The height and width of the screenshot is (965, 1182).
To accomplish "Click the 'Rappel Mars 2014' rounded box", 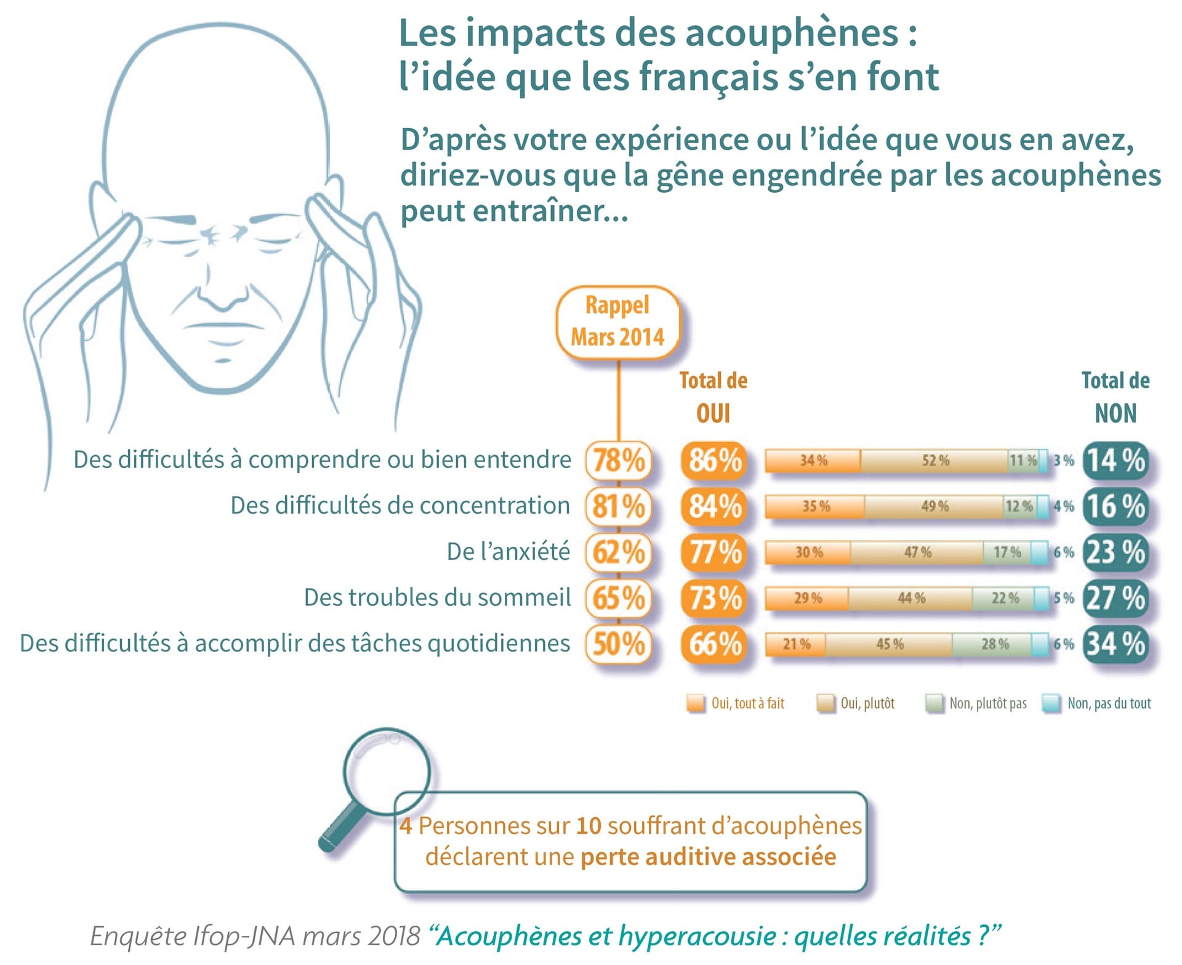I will point(617,321).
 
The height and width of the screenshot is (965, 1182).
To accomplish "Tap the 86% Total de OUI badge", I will point(714,460).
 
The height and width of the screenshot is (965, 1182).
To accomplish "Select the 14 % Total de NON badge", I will point(1115,460).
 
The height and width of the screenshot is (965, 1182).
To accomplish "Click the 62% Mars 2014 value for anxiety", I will point(618,552).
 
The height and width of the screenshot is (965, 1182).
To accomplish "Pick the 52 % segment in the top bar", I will point(935,461).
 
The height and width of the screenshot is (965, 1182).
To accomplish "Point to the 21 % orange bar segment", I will point(795,644).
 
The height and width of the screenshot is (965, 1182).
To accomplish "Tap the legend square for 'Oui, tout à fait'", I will point(696,703).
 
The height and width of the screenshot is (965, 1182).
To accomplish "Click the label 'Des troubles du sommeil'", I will point(437,597).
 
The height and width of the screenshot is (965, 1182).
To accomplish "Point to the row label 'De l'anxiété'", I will point(508,551).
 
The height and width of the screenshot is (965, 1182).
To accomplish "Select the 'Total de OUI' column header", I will point(713,397).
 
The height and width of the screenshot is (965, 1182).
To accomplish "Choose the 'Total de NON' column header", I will point(1115,397).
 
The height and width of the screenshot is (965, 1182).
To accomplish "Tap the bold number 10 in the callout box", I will point(589,825).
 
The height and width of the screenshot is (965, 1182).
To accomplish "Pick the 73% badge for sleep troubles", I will point(714,598).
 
